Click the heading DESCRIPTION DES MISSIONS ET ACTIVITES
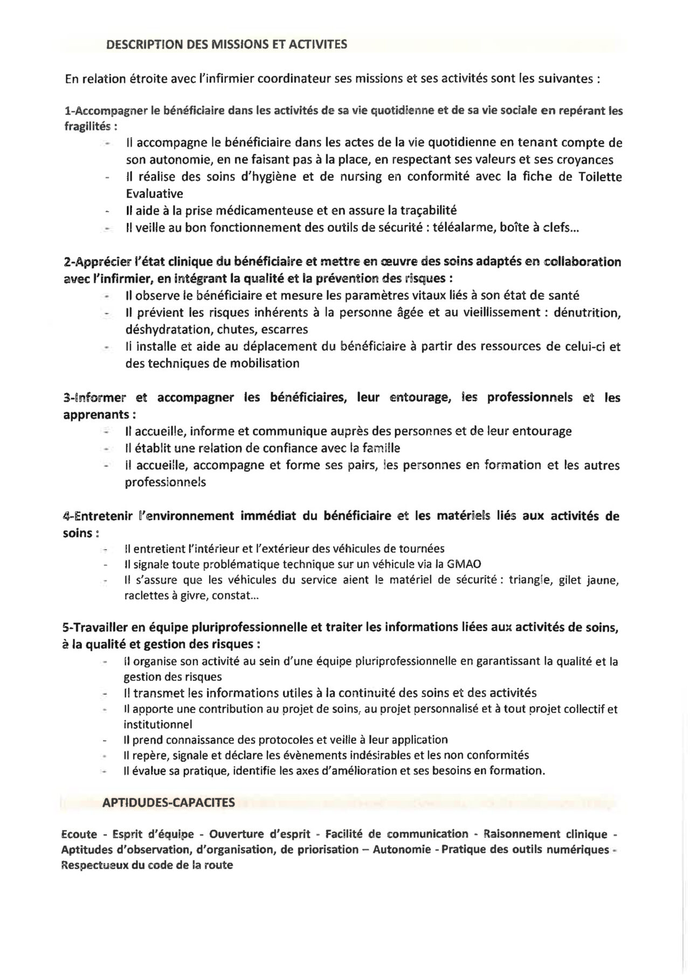point(226,44)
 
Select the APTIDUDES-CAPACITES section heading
point(168,803)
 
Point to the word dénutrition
point(588,312)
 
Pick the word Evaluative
point(154,193)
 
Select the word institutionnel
point(157,724)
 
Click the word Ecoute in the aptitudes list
point(79,834)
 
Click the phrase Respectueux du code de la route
point(147,866)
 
